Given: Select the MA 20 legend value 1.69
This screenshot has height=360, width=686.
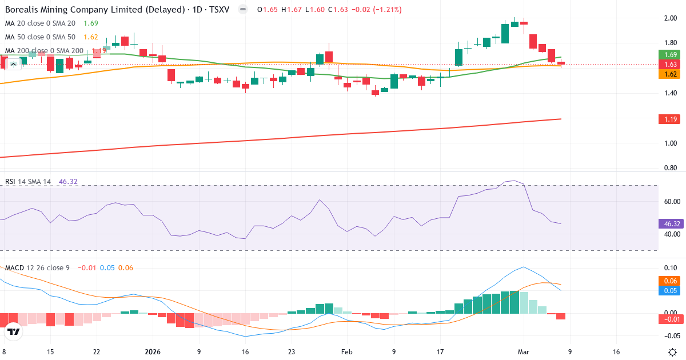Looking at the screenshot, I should [x=90, y=23].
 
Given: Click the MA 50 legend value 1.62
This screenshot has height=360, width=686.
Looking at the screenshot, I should [x=90, y=37].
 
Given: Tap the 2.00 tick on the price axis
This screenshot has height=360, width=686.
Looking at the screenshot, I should [x=670, y=18].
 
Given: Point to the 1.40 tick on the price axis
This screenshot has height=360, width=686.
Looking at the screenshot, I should [x=670, y=93].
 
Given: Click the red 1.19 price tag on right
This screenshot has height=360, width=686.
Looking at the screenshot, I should [x=671, y=119].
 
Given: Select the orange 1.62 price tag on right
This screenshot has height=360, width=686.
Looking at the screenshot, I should [x=671, y=74].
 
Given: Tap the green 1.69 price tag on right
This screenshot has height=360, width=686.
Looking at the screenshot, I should [x=671, y=54].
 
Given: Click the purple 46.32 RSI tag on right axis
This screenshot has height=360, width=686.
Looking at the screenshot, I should [x=671, y=224].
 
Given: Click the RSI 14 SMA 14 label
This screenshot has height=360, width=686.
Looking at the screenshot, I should [x=28, y=182].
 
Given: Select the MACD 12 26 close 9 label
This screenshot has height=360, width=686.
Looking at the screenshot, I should [x=37, y=268].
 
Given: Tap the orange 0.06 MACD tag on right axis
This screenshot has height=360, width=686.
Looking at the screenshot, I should [x=671, y=281].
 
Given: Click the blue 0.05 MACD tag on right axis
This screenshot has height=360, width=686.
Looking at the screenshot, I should [x=671, y=291].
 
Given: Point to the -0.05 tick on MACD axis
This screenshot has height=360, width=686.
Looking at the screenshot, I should [x=670, y=335].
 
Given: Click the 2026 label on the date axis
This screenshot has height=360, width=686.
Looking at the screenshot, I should [x=153, y=352].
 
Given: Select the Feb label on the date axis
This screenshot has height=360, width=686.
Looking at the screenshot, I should [x=347, y=352].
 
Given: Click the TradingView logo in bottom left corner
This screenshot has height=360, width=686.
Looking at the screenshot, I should [x=14, y=331].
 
